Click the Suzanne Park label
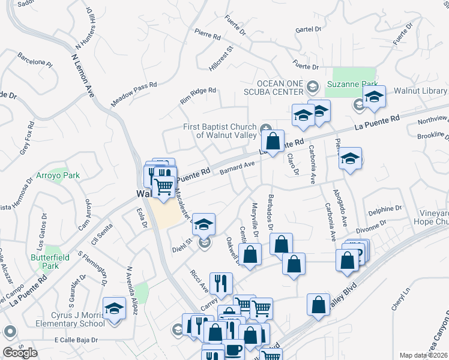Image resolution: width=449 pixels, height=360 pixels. pos(355,83)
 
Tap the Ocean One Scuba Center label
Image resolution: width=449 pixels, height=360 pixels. pos(280,88)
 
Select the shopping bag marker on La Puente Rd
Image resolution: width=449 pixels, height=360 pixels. pos(273,142)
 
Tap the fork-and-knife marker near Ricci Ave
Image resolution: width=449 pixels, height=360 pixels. pos(221,284)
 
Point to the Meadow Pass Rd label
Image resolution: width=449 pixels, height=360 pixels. pos(134,95)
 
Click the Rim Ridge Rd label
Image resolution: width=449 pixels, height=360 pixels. pos(197,96)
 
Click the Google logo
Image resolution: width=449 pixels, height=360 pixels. pos(20,352)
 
